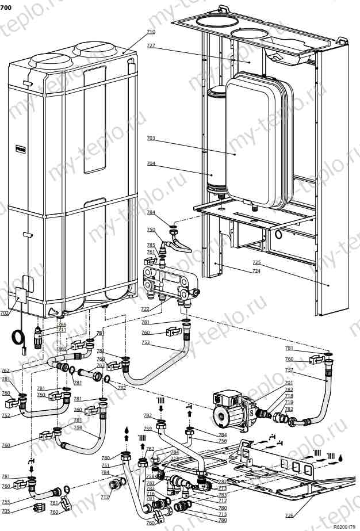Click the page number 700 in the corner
[x=6, y=6]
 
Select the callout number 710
[x=151, y=32]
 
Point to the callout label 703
[x=151, y=139]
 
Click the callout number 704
[x=151, y=163]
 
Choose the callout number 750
[x=151, y=230]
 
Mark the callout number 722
[x=145, y=309]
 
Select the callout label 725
[x=256, y=262]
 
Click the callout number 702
[x=5, y=314]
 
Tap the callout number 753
[x=145, y=342]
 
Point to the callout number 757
[x=289, y=370]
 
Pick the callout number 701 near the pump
[x=289, y=383]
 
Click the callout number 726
[x=289, y=515]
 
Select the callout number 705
[x=6, y=511]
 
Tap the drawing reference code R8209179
[x=344, y=526]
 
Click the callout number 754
[x=78, y=427]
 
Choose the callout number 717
[x=105, y=497]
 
